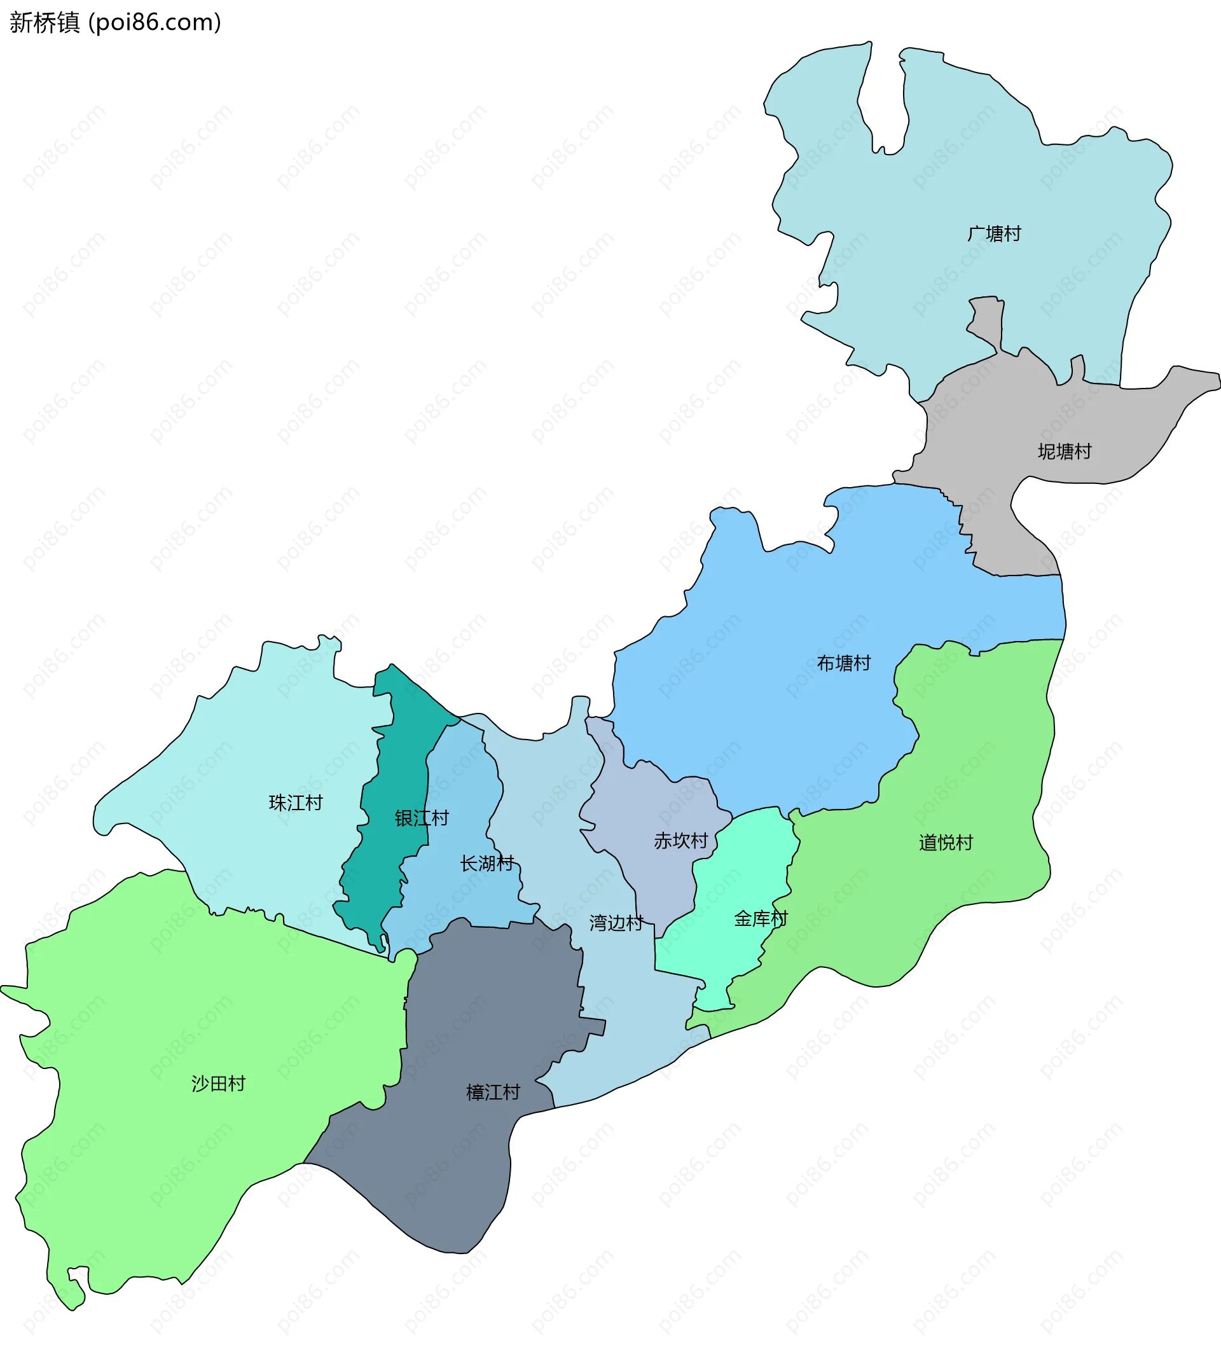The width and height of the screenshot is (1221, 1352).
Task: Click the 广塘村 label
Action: pyautogui.click(x=994, y=234)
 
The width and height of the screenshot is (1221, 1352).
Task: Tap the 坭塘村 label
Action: pyautogui.click(x=1064, y=452)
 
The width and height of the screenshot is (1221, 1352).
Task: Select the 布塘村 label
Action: pyautogui.click(x=843, y=663)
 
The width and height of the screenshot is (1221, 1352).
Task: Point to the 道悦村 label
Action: pyautogui.click(x=946, y=843)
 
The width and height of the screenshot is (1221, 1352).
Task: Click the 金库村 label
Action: pyautogui.click(x=761, y=919)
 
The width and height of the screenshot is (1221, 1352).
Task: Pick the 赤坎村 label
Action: pyautogui.click(x=680, y=841)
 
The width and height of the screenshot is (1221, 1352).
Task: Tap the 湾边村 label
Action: pyautogui.click(x=616, y=923)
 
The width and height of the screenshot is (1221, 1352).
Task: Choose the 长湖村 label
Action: pyautogui.click(x=486, y=864)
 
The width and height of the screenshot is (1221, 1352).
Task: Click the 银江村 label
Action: pyautogui.click(x=422, y=818)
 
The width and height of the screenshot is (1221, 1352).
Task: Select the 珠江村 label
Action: pyautogui.click(x=296, y=803)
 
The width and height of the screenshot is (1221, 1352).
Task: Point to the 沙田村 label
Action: pyautogui.click(x=219, y=1084)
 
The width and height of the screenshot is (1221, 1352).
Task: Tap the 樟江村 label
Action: pyautogui.click(x=493, y=1093)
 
